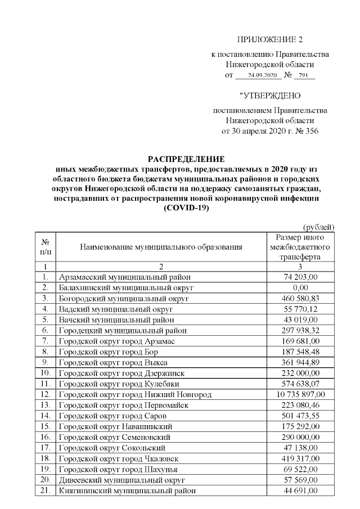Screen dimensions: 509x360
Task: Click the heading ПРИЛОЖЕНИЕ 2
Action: [x=270, y=39]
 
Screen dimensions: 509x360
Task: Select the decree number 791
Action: [x=304, y=75]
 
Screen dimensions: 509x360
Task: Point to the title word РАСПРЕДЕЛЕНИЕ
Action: [x=186, y=159]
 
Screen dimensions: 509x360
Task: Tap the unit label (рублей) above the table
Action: [x=319, y=227]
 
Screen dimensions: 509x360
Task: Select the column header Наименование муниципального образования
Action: [x=161, y=246]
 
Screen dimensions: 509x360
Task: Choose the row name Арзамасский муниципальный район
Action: [x=125, y=277]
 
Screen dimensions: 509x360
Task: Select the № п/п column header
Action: [x=44, y=246]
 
